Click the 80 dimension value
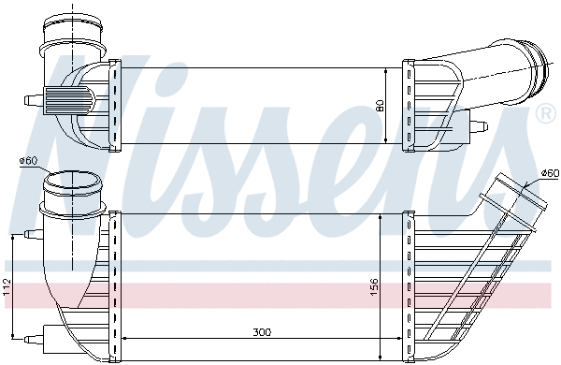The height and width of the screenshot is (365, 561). (379, 106)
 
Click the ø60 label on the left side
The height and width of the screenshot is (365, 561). (27, 161)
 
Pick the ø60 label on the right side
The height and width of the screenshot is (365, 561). (550, 171)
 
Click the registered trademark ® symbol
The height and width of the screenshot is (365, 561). (545, 115)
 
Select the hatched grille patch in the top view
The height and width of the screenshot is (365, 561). (72, 97)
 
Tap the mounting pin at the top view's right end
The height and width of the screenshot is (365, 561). (476, 125)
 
